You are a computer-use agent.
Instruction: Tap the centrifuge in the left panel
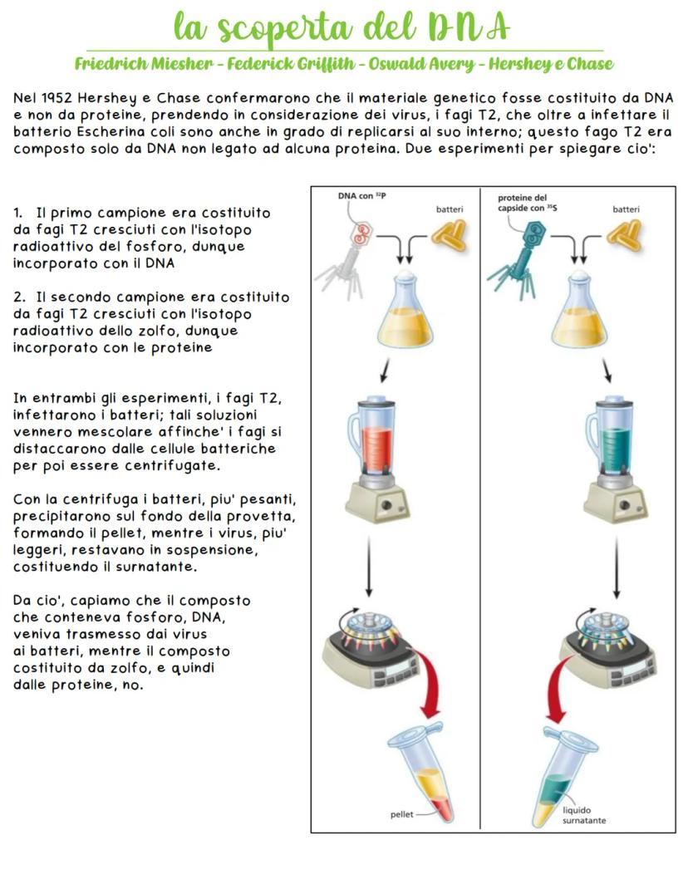click(374, 644)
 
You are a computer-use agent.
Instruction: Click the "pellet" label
click(402, 814)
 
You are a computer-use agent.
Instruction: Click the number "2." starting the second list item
click(19, 297)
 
